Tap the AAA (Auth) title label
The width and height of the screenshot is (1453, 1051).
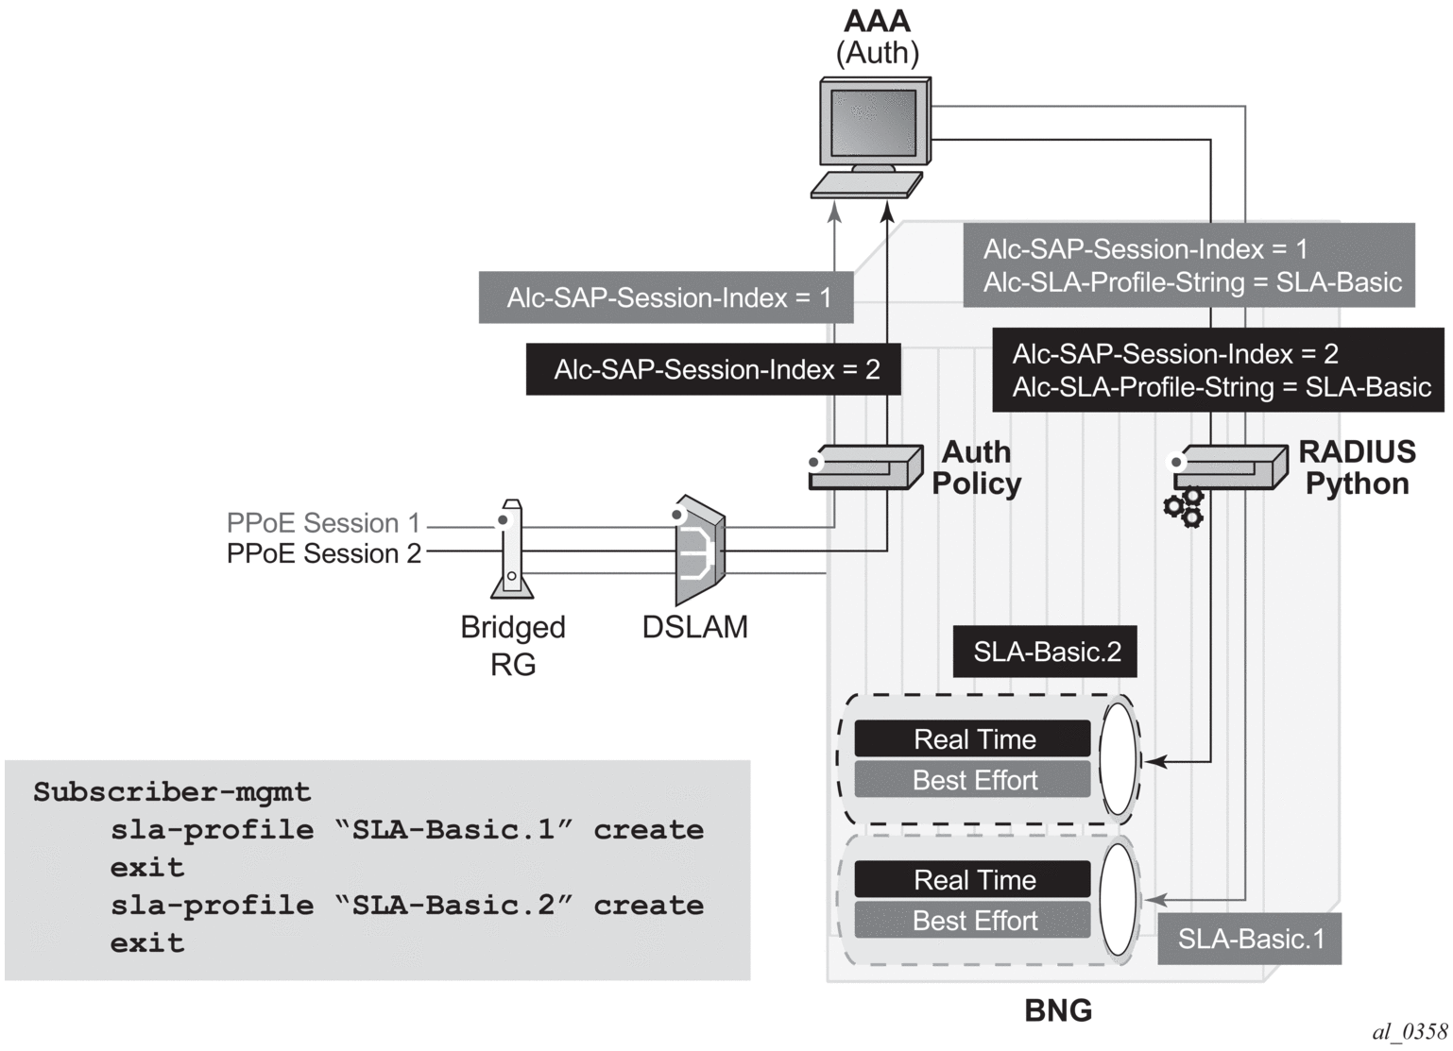[x=878, y=37]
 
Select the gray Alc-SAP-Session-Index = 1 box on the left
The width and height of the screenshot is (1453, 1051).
[x=667, y=297]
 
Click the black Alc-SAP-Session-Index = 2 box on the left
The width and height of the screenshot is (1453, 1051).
[x=713, y=369]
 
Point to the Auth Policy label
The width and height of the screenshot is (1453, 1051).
[x=976, y=467]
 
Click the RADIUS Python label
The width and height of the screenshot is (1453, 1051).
[x=1357, y=467]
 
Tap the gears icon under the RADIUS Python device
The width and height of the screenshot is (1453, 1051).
[x=1184, y=507]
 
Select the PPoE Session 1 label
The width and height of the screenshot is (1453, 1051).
[x=323, y=523]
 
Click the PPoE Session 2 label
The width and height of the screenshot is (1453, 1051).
[x=323, y=553]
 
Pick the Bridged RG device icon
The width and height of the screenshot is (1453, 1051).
[x=511, y=550]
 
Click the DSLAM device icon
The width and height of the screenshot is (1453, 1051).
[x=699, y=551]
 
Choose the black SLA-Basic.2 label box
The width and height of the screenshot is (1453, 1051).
[x=1045, y=653]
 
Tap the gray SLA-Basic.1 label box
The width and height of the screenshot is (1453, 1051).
[x=1249, y=939]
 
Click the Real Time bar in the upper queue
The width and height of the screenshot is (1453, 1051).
[x=973, y=738]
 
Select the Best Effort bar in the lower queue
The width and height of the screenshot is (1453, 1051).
[x=973, y=921]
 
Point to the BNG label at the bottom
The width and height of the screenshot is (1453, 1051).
[x=1058, y=1011]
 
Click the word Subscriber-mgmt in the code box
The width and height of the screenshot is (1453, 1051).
[x=172, y=791]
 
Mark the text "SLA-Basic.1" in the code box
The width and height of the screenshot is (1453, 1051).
[x=463, y=830]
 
